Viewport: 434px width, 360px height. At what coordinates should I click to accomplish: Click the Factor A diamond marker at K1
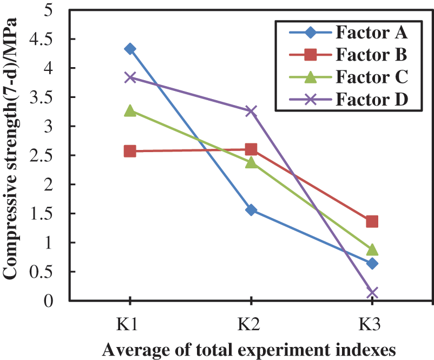point(130,49)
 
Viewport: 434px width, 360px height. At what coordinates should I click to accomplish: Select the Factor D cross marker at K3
point(372,293)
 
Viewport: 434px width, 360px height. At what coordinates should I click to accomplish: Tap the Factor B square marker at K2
point(251,149)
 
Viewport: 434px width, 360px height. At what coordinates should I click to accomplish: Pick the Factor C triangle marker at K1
point(130,110)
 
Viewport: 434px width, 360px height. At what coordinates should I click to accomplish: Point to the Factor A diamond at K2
point(251,210)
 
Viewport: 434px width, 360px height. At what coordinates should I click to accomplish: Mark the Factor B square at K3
point(372,221)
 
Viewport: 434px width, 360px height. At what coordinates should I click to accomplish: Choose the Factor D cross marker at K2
point(251,111)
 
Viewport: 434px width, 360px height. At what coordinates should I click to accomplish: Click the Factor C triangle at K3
point(372,249)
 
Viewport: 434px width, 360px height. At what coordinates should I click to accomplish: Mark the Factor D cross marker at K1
point(130,77)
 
